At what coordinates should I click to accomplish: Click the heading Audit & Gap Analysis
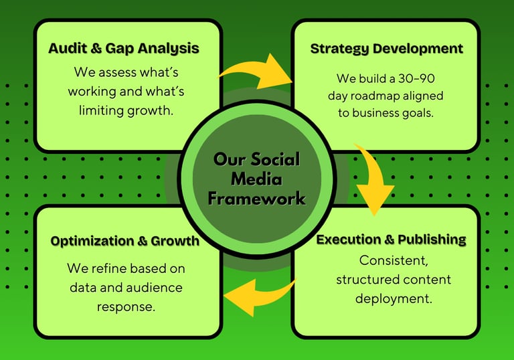[x=124, y=48]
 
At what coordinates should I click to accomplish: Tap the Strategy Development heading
[x=386, y=49]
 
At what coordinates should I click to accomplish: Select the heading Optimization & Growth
[x=125, y=241]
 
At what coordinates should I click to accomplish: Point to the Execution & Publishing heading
[x=391, y=240]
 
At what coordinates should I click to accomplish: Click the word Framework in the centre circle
[x=256, y=199]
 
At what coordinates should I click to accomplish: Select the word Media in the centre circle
[x=256, y=179]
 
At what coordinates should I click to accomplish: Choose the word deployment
[x=393, y=298]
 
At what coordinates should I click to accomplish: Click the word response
[x=125, y=307]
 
